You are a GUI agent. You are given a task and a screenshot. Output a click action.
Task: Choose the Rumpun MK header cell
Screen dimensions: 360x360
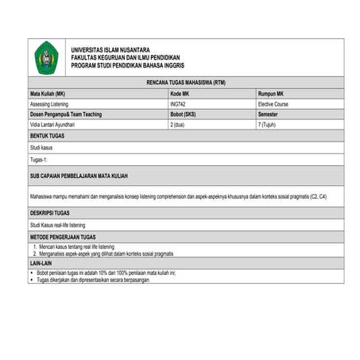coord(271,94)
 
